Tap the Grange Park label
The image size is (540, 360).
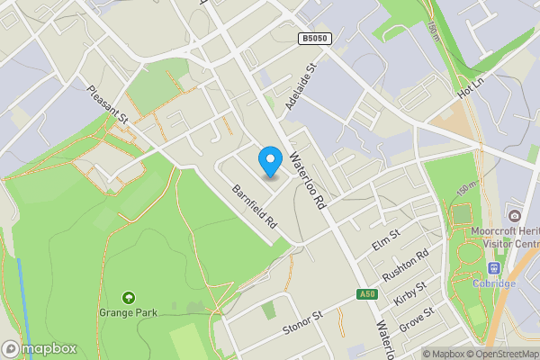(129, 312)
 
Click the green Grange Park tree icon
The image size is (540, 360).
(129, 297)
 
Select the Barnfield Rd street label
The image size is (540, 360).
(254, 204)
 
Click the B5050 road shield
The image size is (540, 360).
(313, 39)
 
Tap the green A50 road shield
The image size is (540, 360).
(364, 294)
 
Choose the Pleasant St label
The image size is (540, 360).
(109, 103)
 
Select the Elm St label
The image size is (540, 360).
(385, 240)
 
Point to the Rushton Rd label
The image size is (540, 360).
(406, 265)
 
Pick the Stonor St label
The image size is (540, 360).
(303, 319)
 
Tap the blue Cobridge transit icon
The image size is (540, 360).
(494, 268)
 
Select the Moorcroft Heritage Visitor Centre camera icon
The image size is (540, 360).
(514, 216)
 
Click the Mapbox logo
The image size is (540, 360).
(39, 348)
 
